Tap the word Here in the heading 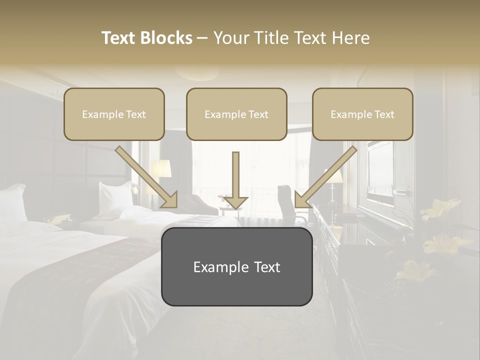(x=349, y=38)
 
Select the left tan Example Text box (x=114, y=114)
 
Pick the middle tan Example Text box (x=236, y=114)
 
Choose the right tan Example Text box (x=362, y=114)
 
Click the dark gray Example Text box (x=236, y=267)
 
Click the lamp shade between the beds (x=161, y=169)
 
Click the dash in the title (x=202, y=38)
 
